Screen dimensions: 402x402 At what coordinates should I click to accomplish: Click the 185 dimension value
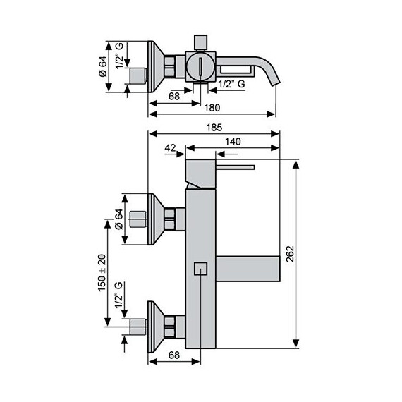(x=214, y=128)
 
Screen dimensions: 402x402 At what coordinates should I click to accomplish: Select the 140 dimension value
(x=233, y=142)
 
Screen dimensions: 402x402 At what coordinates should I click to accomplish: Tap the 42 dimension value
(x=170, y=147)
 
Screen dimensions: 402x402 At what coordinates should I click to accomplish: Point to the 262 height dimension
(x=290, y=254)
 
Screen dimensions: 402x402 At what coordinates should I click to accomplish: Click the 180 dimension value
(x=212, y=108)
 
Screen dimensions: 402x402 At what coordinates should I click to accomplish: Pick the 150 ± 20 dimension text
(x=102, y=273)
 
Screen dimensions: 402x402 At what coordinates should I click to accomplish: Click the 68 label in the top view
(x=174, y=97)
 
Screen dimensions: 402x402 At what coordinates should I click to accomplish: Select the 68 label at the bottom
(x=174, y=355)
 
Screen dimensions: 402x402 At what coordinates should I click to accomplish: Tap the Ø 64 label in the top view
(x=102, y=66)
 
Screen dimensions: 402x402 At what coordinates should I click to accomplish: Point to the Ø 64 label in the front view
(x=118, y=219)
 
